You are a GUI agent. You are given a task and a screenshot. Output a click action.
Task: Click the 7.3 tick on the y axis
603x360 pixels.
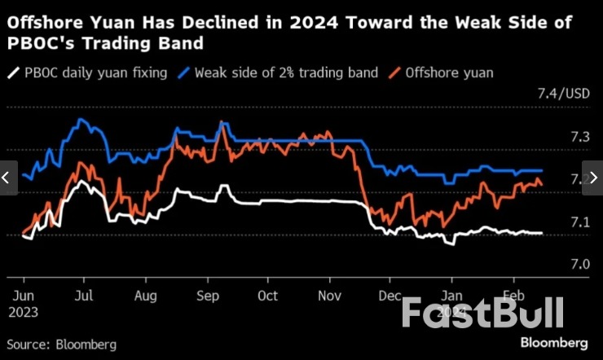pos(579,138)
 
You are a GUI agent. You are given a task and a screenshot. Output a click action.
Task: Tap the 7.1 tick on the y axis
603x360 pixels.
pos(579,222)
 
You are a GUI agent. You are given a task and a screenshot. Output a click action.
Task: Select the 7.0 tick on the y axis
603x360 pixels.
pos(579,265)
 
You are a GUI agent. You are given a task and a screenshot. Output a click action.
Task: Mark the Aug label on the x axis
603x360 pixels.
pos(145,296)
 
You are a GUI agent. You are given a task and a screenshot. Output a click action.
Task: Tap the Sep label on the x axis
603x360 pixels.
pos(207,296)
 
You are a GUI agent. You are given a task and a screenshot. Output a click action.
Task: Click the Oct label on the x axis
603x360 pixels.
pos(268,296)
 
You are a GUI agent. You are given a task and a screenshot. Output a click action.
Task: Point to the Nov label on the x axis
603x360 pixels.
pos(330,296)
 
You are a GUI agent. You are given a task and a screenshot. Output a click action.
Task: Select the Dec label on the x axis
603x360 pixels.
pos(391,296)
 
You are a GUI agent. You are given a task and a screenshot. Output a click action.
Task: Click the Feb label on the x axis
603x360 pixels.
pos(513,296)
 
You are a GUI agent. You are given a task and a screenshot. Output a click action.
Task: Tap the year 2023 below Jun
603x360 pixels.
pos(24,311)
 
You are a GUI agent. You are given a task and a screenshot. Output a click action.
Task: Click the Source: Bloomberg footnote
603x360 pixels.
pos(62,345)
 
